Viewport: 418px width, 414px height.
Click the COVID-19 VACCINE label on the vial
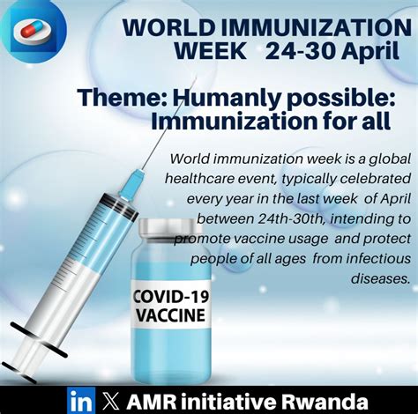click(x=170, y=305)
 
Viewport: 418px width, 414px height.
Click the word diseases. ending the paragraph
click(x=381, y=277)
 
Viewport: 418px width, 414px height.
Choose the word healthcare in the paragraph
click(x=205, y=177)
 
